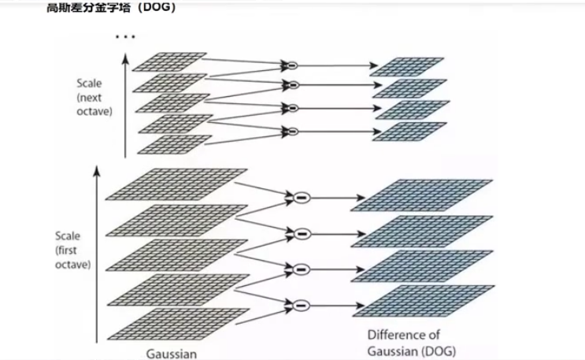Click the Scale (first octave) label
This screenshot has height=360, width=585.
pos(72,250)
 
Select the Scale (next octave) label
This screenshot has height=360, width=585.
pos(94,96)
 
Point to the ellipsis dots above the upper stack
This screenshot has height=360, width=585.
pos(124,36)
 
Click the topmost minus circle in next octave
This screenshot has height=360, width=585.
pos(291,65)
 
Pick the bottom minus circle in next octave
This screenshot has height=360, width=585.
pos(291,130)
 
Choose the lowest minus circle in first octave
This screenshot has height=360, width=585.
pos(301,303)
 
